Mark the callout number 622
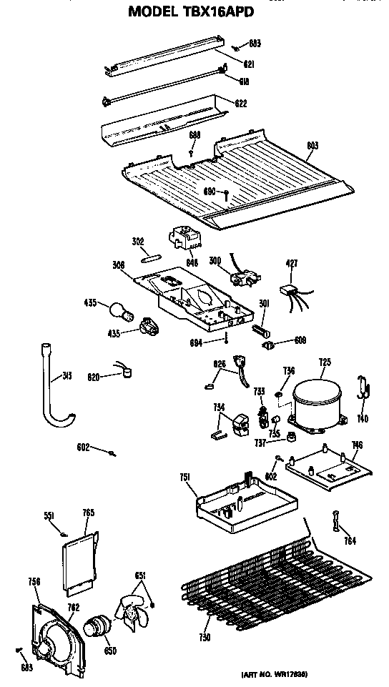point(241,104)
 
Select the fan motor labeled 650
point(95,628)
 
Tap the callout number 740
point(364,418)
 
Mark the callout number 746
point(356,445)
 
